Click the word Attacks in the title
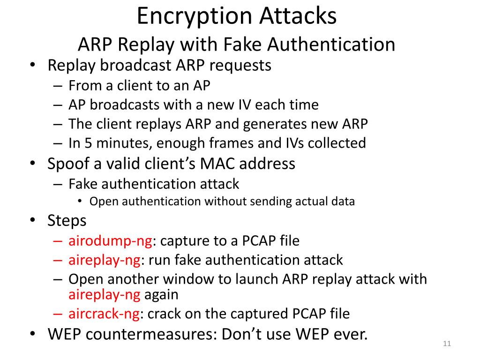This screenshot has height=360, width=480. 299,16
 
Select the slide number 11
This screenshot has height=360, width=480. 446,345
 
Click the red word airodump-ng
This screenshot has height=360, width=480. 110,241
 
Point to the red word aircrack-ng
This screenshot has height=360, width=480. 104,314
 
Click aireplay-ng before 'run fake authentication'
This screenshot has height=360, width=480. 104,260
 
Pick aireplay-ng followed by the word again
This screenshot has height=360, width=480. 104,295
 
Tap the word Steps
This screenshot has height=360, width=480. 67,220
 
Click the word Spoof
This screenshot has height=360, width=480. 70,164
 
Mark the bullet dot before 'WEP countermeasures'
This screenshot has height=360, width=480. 32,334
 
